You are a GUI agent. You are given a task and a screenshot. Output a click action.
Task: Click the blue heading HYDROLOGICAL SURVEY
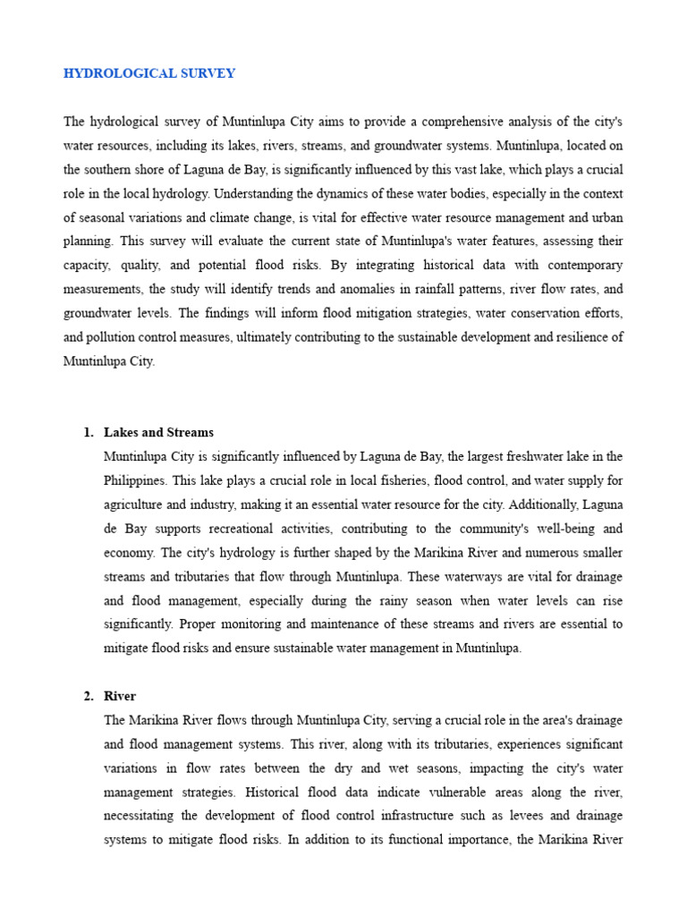click(x=149, y=73)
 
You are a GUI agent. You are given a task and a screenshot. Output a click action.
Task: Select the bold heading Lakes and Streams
click(x=158, y=432)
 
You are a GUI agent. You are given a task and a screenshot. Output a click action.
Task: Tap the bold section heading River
click(x=120, y=696)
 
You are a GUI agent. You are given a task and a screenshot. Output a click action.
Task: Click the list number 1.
click(x=88, y=432)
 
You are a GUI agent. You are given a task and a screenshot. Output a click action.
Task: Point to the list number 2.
click(x=88, y=696)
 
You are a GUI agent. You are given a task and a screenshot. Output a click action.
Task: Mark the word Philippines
click(x=134, y=480)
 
